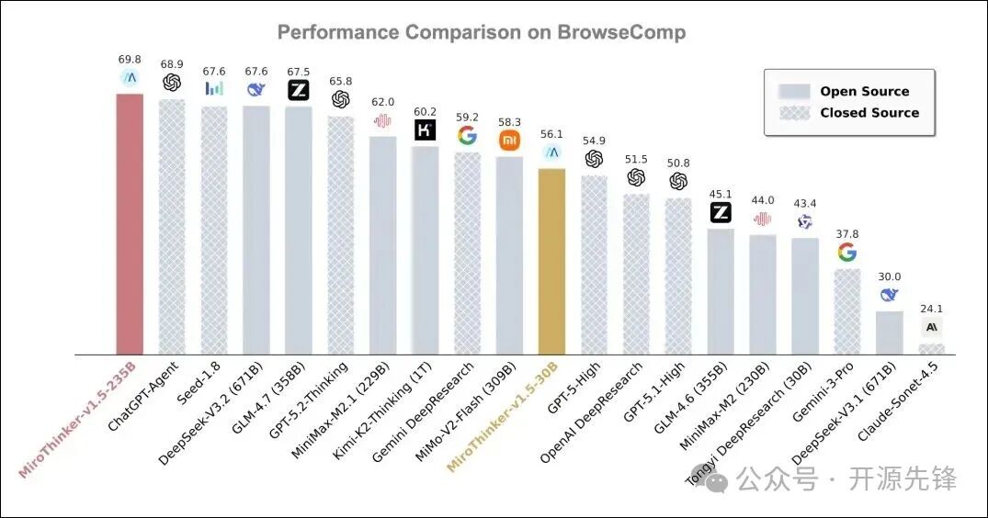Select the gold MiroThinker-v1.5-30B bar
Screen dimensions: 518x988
(x=551, y=261)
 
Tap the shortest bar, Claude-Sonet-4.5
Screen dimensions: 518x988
(x=932, y=349)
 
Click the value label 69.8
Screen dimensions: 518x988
(x=130, y=60)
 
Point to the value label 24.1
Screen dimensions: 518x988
(x=932, y=310)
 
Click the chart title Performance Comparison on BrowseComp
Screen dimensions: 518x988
(x=481, y=33)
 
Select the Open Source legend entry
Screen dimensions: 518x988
(x=864, y=91)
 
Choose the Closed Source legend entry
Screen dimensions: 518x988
(x=869, y=112)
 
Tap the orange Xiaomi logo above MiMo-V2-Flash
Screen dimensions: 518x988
(x=509, y=141)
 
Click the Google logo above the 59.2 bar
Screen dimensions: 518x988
(x=467, y=136)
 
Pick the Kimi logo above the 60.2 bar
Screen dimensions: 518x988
(x=425, y=130)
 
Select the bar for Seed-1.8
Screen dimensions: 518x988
(x=214, y=230)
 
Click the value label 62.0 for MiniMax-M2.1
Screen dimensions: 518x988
(x=382, y=102)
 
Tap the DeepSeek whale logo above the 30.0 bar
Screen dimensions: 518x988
(x=890, y=295)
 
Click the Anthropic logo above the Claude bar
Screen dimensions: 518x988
(x=932, y=327)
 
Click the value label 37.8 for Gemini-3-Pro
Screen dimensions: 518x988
(x=847, y=233)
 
